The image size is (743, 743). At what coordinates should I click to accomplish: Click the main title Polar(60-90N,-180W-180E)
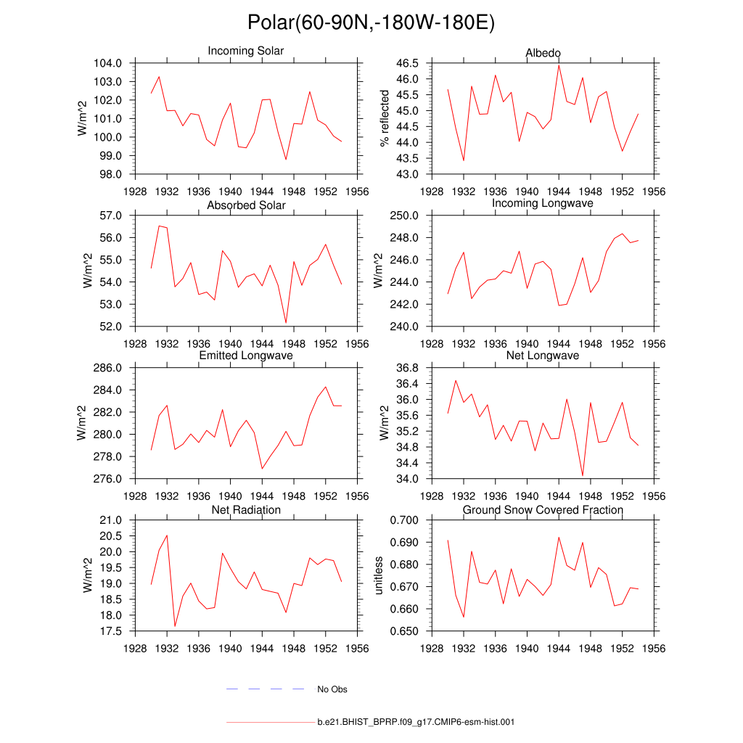point(371,23)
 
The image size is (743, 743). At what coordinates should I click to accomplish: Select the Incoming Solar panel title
point(246,52)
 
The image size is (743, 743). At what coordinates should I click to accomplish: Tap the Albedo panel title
point(543,54)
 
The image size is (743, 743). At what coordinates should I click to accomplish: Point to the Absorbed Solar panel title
point(246,205)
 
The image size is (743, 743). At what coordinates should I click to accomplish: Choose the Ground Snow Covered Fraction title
point(543,510)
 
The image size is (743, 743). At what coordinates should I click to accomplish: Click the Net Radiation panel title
point(246,510)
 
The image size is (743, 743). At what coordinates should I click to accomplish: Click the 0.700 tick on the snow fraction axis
point(403,520)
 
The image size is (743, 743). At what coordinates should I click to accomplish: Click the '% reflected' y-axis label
point(385,118)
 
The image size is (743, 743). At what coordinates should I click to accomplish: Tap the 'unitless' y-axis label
point(378,575)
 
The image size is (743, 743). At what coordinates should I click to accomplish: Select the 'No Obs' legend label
point(332,689)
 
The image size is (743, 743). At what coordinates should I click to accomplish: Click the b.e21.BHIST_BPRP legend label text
point(416,723)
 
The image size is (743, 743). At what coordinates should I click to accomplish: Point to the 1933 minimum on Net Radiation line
point(175,626)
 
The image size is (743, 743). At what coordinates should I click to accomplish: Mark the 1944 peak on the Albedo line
point(559,65)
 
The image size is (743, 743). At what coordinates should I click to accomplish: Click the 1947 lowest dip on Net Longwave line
point(583,476)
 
